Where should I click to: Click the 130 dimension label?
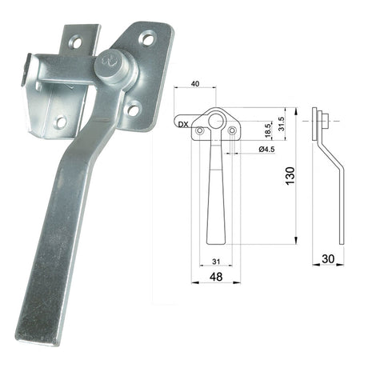tap(290, 175)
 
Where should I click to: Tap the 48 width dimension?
tap(216, 277)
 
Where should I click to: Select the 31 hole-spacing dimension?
tap(216, 262)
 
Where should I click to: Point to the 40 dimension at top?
tap(195, 84)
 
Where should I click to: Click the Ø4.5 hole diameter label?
tap(266, 149)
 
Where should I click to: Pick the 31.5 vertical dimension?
tap(282, 124)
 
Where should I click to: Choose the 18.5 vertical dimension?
tap(268, 130)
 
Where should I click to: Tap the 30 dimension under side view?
tap(328, 258)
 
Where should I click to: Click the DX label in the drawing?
tap(183, 124)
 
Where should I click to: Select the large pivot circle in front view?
tap(215, 121)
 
